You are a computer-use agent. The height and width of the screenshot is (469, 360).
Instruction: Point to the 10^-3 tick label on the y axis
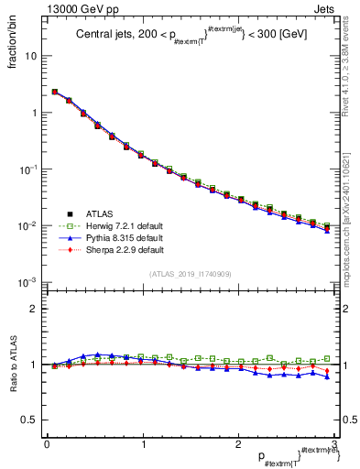[28, 282]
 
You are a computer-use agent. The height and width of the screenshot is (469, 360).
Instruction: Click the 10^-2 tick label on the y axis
[28, 225]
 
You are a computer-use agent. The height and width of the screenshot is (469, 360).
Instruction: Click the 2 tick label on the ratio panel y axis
[34, 310]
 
